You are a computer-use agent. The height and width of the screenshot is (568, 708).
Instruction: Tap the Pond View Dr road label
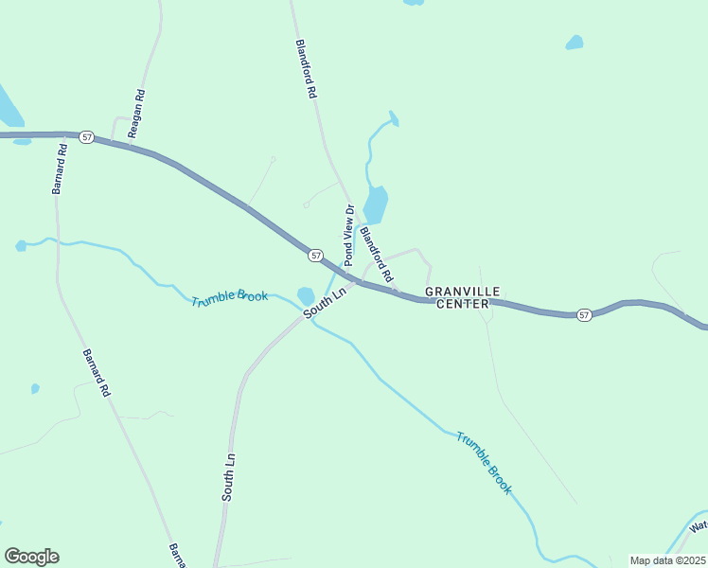click(x=347, y=235)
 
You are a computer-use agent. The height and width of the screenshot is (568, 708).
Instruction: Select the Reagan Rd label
click(x=136, y=114)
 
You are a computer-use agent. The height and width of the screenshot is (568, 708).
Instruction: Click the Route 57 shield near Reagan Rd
click(x=86, y=137)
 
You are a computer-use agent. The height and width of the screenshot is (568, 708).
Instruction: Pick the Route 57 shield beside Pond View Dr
click(x=315, y=256)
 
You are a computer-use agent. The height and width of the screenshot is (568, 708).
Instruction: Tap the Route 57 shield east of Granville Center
click(x=584, y=314)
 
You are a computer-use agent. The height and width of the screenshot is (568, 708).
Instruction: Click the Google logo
click(x=31, y=557)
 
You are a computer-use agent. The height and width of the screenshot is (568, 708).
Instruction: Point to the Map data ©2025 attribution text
click(x=666, y=560)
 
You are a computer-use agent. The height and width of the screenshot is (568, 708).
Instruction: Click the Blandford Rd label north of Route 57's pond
click(x=305, y=70)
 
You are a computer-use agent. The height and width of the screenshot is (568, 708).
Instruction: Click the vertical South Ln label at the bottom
click(x=228, y=477)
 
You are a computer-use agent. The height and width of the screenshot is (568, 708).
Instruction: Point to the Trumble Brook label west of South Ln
click(x=229, y=298)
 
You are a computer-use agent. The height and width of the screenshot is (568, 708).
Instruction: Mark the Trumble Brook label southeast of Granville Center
click(x=484, y=463)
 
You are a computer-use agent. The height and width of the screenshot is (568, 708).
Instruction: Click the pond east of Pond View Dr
click(x=376, y=204)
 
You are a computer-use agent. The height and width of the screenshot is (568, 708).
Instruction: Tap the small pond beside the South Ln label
click(x=306, y=296)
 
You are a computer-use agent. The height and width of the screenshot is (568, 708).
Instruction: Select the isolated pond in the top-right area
click(x=575, y=43)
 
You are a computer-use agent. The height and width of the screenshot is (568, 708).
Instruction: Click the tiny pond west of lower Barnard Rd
click(x=35, y=388)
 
